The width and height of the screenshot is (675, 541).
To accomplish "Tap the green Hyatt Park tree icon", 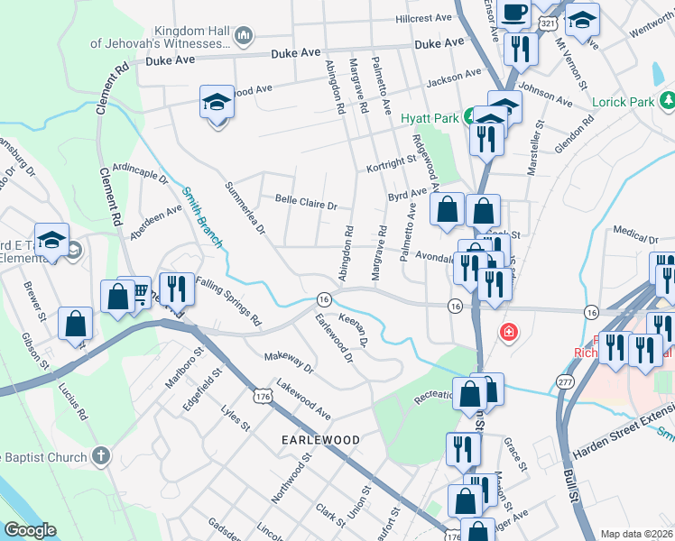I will tap(469, 116).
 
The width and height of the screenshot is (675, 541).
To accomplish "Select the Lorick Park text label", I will tap(623, 102).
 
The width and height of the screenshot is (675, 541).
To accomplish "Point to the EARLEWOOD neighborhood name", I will tap(321, 439).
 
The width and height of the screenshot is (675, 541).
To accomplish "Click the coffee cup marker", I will tap(515, 14).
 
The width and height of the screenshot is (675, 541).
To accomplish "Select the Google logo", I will tap(30, 530).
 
